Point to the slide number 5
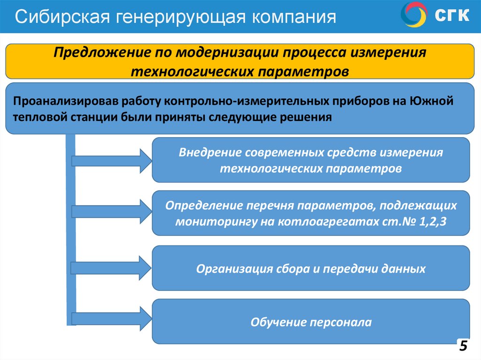click(x=463, y=346)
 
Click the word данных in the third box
click(x=404, y=269)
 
